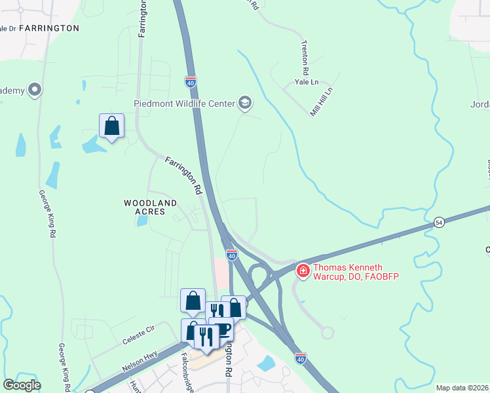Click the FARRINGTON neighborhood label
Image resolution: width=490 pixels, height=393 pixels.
point(49,28)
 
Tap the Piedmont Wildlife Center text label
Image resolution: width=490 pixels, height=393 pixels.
point(184,103)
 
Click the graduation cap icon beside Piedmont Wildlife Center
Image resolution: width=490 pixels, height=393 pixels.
point(245,102)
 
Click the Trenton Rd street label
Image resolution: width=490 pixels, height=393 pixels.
point(305,56)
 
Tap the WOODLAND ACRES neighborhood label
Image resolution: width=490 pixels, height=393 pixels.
point(151,208)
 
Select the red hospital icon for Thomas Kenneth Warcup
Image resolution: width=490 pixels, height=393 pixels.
point(303,270)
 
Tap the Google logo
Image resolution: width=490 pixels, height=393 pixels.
point(22,385)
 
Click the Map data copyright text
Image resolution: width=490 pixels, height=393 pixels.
point(462,388)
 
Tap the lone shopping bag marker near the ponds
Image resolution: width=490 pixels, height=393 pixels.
point(111,124)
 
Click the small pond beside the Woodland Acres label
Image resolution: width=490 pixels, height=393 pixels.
point(142,221)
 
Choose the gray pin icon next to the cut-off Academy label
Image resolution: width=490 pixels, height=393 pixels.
point(35,90)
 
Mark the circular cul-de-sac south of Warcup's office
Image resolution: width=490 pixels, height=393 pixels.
point(328,333)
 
